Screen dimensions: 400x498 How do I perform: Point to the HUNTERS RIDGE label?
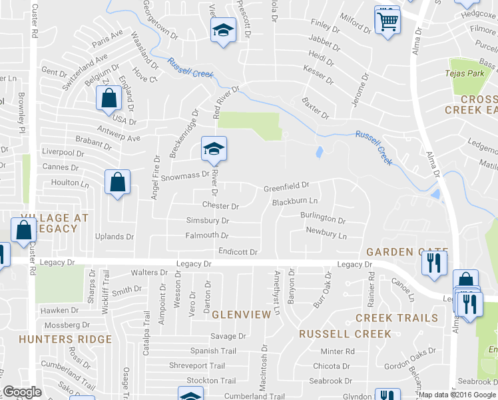[65, 339]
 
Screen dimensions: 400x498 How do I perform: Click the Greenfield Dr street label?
[286, 186]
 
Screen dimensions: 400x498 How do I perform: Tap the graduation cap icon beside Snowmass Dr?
[214, 149]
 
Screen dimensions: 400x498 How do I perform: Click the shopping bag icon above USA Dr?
[109, 99]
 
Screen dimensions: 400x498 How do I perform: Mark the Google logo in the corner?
[22, 392]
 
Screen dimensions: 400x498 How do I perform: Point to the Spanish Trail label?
[213, 351]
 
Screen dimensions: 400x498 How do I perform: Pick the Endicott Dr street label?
[238, 252]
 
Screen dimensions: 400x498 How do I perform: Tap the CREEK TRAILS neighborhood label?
[397, 318]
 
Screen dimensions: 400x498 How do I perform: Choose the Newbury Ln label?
[326, 235]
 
